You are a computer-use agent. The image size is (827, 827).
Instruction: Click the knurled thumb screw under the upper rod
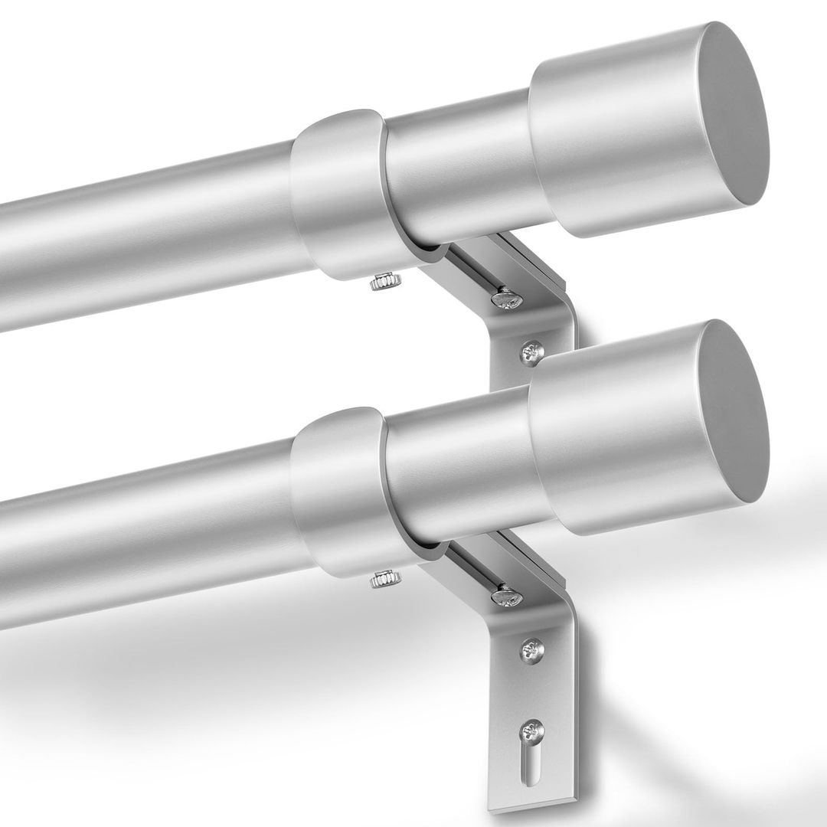381,284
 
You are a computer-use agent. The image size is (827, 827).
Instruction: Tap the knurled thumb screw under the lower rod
381,580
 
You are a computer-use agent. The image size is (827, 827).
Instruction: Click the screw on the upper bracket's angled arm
507,298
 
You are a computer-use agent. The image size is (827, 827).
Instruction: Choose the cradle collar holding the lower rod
337,490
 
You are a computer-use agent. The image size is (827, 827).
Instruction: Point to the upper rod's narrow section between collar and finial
459,176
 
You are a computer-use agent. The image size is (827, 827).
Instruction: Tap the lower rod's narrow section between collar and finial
459,475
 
